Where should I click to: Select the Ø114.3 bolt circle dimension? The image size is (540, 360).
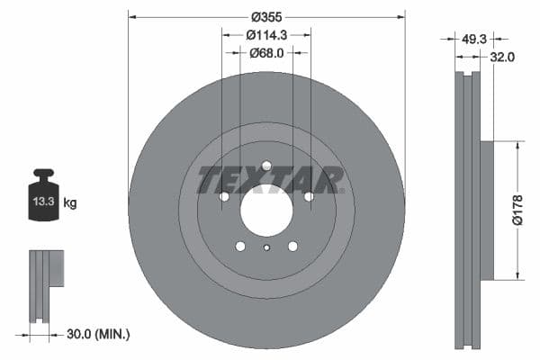click(266, 35)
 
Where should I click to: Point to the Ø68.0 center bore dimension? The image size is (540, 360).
click(266, 53)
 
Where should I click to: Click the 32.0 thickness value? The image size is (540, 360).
click(501, 58)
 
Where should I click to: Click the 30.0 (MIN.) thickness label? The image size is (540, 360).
click(98, 334)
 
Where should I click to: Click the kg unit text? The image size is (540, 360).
click(70, 203)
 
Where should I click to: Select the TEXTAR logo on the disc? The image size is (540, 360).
click(270, 180)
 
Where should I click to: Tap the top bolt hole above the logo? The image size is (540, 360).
click(266, 166)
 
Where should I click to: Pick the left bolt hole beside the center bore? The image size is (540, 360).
click(224, 196)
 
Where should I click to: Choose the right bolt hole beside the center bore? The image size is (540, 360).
click(309, 196)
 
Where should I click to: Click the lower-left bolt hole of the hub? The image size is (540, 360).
click(240, 246)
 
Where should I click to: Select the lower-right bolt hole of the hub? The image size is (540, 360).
click(292, 246)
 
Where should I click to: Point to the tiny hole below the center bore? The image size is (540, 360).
click(266, 249)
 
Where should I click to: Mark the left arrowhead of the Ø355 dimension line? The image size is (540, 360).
click(132, 15)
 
